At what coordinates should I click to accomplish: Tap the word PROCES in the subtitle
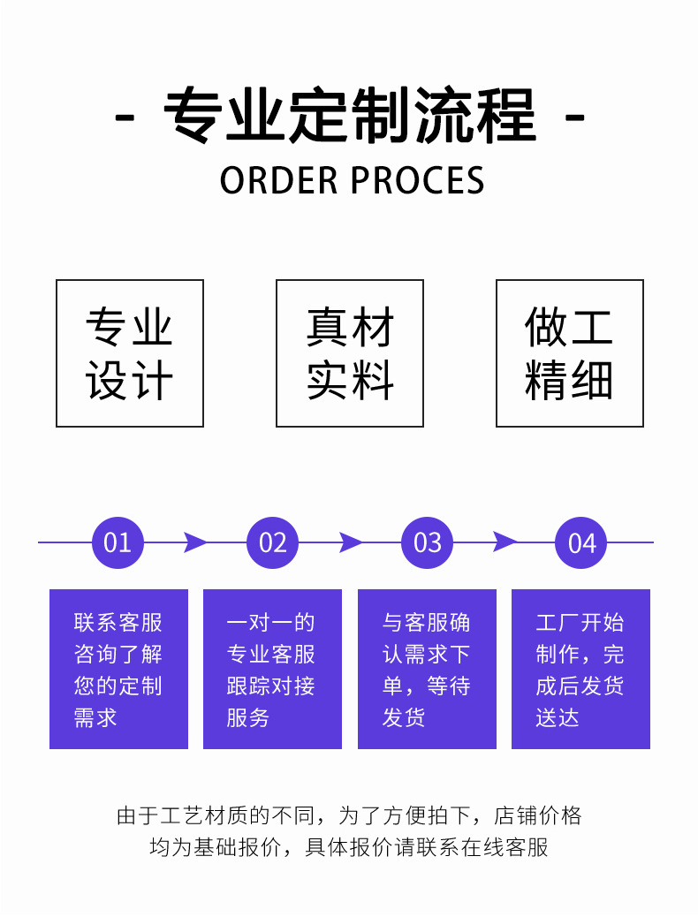click(418, 180)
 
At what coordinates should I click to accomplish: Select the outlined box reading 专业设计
click(130, 353)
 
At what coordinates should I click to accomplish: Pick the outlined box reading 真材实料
click(350, 353)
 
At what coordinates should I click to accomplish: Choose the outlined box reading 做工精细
click(570, 353)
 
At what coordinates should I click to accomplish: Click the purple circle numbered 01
click(118, 542)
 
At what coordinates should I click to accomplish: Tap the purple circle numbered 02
click(272, 542)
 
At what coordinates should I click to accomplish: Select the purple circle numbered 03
click(427, 542)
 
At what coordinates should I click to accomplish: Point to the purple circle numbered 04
click(581, 542)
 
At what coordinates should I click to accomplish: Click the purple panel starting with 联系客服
click(118, 669)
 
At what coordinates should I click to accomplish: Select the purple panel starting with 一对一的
click(272, 669)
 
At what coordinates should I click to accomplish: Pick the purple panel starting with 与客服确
click(427, 669)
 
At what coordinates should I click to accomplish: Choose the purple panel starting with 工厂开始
click(580, 669)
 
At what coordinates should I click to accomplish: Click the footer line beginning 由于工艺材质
click(349, 815)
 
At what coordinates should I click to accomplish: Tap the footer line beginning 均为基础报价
click(349, 848)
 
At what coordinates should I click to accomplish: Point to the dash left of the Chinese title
click(125, 117)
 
